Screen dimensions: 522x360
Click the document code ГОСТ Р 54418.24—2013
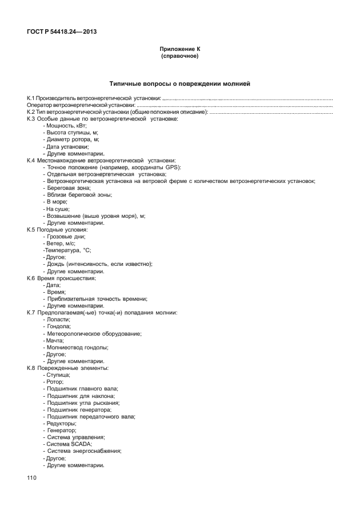click(61, 31)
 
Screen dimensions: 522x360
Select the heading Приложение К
click(179, 50)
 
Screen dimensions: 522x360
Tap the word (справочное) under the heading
click(179, 57)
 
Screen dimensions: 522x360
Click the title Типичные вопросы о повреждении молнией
click(179, 84)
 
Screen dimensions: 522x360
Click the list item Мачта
click(55, 340)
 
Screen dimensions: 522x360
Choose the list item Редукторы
click(61, 423)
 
